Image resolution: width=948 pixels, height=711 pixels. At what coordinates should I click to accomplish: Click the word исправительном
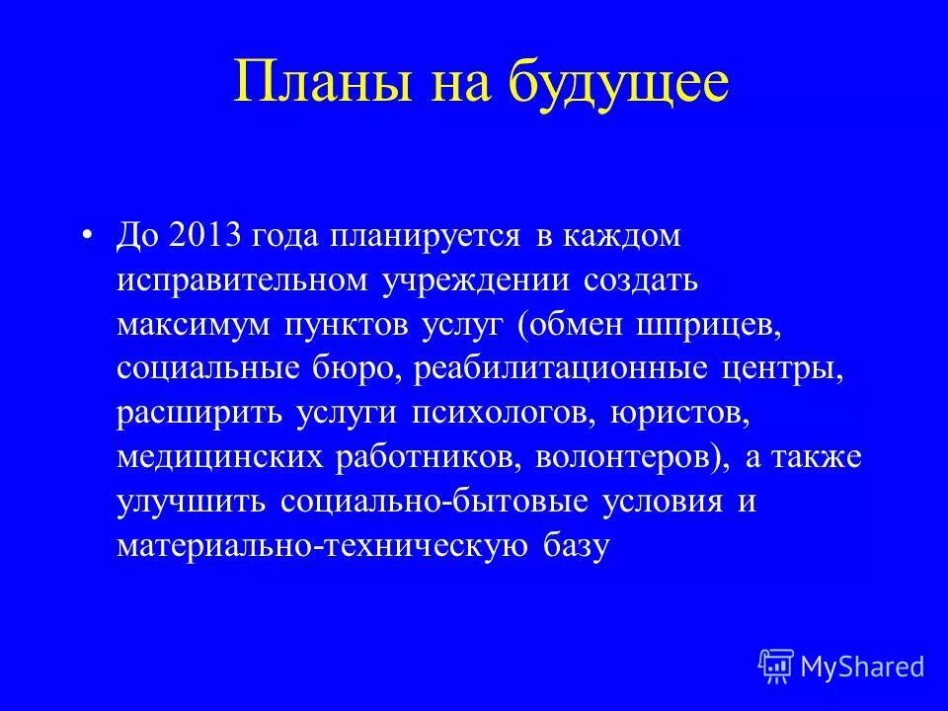pyautogui.click(x=242, y=280)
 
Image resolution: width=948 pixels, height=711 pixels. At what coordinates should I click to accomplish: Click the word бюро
pyautogui.click(x=354, y=369)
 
